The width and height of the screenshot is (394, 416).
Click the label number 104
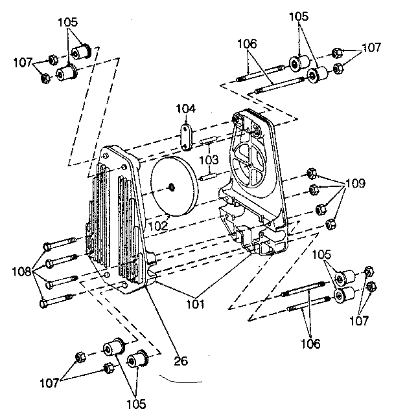186,109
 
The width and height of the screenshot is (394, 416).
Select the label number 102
159,226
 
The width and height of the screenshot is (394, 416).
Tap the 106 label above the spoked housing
248,44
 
